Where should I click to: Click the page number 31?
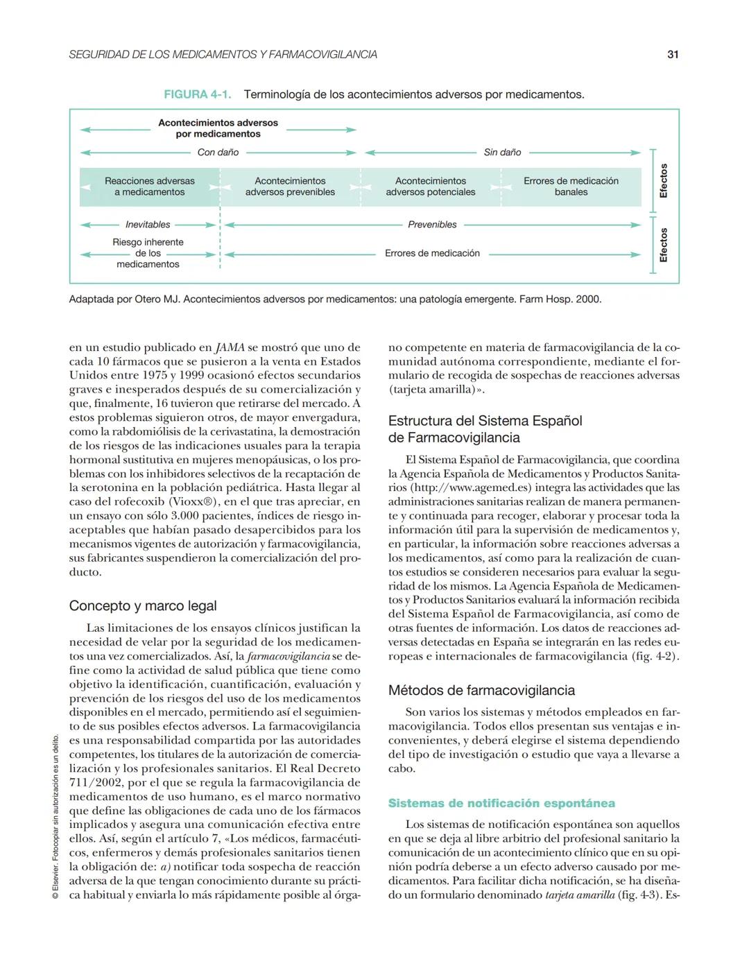coord(672,55)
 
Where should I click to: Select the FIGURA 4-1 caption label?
coord(197,94)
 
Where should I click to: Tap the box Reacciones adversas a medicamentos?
coord(150,187)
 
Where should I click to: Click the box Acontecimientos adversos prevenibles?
coord(290,187)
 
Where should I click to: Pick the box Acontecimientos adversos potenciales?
coord(431,187)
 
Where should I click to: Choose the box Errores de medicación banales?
coord(571,187)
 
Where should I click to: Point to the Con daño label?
coord(218,153)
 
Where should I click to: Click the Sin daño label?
coord(502,153)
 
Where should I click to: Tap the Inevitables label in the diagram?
coord(148,225)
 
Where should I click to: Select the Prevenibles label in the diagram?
coord(432,225)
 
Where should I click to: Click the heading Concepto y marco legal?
coord(143,606)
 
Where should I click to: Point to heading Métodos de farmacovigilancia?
coord(481,691)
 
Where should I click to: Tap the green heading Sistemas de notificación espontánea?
coord(501,804)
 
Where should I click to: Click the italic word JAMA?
coord(230,347)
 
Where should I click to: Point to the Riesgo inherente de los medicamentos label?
coord(148,253)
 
